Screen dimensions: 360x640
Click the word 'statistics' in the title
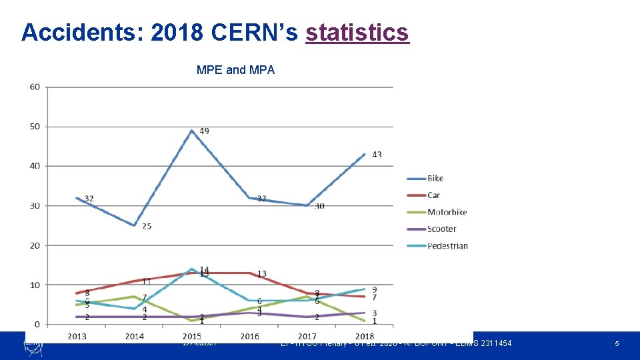(357, 31)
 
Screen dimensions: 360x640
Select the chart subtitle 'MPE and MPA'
(235, 69)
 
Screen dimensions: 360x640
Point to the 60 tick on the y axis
(34, 87)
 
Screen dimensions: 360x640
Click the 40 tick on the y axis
(34, 166)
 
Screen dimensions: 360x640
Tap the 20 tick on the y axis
(34, 245)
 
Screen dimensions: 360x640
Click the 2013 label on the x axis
(77, 336)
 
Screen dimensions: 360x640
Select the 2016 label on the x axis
(250, 336)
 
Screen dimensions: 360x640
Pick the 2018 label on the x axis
(365, 336)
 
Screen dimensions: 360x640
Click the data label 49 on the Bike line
(204, 131)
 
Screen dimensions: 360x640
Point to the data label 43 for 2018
(377, 154)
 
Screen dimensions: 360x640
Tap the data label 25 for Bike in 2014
(147, 226)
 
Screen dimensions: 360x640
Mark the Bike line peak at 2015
(192, 131)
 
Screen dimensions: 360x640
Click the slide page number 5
(617, 343)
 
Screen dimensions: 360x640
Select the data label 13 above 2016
(262, 273)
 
